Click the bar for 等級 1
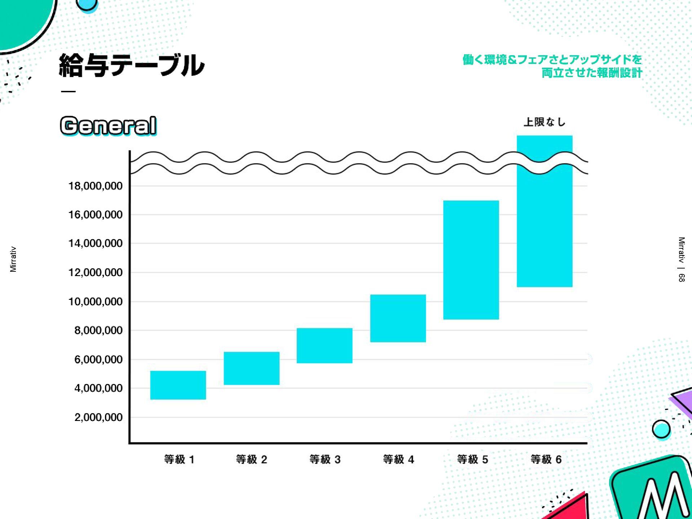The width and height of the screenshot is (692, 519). (178, 385)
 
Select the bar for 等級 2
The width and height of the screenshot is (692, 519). (252, 368)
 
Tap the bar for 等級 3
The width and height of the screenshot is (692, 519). (324, 345)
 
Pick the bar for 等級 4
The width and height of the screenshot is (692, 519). (398, 318)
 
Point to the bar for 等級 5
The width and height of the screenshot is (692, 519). (471, 260)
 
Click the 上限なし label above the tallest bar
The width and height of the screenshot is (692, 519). (544, 122)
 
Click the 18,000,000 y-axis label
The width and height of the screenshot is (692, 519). (96, 186)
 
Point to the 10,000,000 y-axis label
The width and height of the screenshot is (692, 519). (96, 302)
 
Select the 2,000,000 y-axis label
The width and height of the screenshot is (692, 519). (98, 417)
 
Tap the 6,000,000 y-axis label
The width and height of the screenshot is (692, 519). (98, 359)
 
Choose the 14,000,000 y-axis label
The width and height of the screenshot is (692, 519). (96, 243)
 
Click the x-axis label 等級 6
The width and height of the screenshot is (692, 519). (546, 460)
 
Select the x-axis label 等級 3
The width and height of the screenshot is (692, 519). (325, 460)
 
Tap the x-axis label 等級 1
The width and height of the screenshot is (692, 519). (179, 460)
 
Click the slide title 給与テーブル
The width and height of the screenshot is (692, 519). (132, 65)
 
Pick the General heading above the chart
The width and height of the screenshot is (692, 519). (108, 125)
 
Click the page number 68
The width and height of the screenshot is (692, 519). (681, 278)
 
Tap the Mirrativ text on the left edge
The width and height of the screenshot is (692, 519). (13, 259)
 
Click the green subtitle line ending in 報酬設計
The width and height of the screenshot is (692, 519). (592, 73)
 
